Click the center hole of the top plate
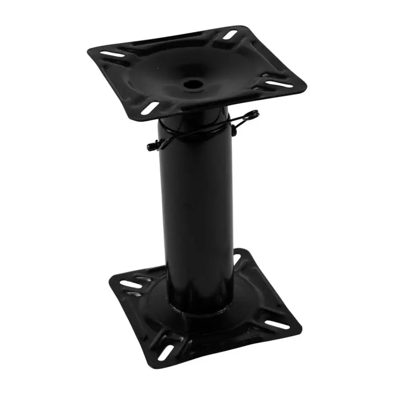pyautogui.click(x=189, y=84)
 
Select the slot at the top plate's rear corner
pyautogui.click(x=230, y=35)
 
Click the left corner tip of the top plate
pyautogui.click(x=89, y=51)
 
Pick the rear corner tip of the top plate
pyautogui.click(x=241, y=27)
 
